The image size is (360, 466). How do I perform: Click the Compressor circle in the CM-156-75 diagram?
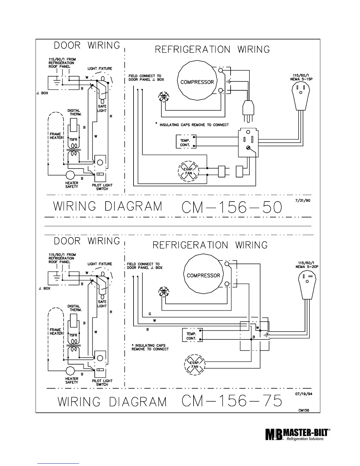point(203,275)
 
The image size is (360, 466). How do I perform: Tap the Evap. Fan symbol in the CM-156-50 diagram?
point(189,171)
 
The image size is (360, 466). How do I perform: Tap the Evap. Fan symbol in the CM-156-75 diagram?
point(195,365)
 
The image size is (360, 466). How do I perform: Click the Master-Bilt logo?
point(297,434)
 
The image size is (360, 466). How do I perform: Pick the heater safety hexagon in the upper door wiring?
point(71,175)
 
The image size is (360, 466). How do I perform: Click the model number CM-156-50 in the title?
point(232,207)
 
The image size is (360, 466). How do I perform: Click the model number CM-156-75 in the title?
point(232,401)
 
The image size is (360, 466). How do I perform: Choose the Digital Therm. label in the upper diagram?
point(74,112)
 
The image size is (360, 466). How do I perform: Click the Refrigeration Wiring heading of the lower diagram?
point(210,245)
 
